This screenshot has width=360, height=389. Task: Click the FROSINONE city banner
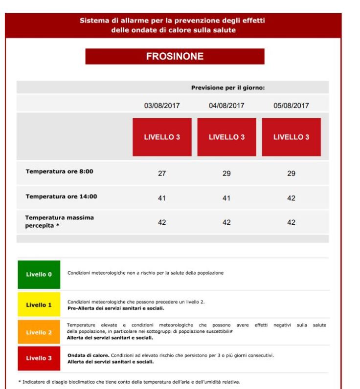(x=175, y=56)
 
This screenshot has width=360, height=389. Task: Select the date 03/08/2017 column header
(x=162, y=106)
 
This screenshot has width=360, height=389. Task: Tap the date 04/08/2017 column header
(x=226, y=106)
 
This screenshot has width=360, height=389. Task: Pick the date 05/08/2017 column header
(x=291, y=106)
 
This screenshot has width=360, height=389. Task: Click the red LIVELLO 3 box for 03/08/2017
(x=162, y=137)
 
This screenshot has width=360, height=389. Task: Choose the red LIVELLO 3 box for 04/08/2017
(x=226, y=137)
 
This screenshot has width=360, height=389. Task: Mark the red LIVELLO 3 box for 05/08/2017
(x=291, y=137)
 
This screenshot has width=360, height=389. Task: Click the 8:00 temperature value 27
(x=162, y=173)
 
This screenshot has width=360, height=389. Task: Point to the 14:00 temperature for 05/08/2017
(x=291, y=198)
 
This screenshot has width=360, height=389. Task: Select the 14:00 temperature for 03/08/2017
(x=162, y=198)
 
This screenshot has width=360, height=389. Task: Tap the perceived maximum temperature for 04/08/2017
(x=226, y=222)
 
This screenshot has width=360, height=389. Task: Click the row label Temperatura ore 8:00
(x=59, y=172)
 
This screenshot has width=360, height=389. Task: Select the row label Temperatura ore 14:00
(x=61, y=196)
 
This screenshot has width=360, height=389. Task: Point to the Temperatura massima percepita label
(x=59, y=221)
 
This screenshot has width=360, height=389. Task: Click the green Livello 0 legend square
(x=39, y=274)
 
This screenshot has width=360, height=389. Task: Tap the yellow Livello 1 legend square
(x=39, y=304)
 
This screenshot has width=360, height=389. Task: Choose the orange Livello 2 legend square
(x=39, y=332)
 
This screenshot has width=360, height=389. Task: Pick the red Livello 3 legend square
(x=39, y=358)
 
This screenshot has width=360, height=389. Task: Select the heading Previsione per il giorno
(x=228, y=88)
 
